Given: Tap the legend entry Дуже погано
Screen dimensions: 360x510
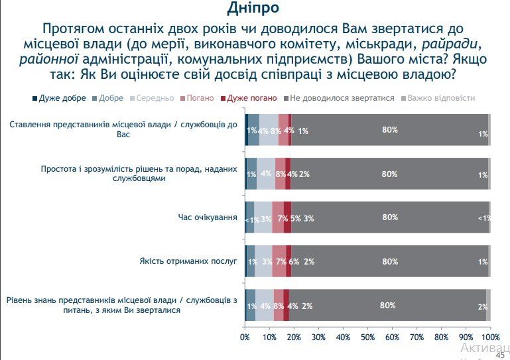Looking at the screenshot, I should [251, 98].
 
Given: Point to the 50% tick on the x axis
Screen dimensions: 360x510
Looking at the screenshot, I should [368, 337].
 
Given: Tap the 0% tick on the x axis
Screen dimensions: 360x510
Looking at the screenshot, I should [245, 337].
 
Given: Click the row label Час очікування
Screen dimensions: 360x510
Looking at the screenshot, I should [208, 217].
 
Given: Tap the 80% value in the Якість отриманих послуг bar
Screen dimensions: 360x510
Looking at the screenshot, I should [390, 261].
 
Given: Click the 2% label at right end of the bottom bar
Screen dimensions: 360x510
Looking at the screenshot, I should [483, 307].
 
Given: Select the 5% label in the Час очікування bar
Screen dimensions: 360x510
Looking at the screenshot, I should [296, 218].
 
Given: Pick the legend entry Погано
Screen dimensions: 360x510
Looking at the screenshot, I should [200, 98].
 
